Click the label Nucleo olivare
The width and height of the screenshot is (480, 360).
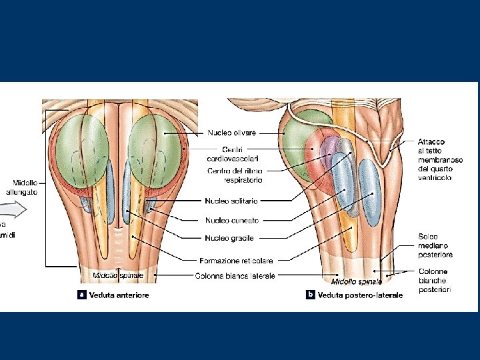coord(231,133)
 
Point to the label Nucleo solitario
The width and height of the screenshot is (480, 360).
coord(232,200)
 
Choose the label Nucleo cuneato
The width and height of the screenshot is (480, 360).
coord(231,219)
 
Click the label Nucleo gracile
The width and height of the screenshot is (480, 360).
coord(229,238)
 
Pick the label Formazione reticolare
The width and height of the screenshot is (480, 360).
coord(235,260)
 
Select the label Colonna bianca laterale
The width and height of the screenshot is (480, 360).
coord(235,275)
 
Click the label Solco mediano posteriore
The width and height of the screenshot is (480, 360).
coord(435,245)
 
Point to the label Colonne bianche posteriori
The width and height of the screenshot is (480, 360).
coord(434,280)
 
